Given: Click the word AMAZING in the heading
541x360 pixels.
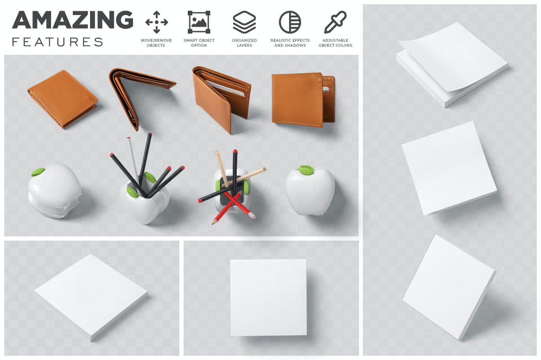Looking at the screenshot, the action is tap(73, 20).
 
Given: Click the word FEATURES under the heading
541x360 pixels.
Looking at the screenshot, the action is tap(58, 42).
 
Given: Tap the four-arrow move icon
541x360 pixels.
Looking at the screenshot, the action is tap(156, 22).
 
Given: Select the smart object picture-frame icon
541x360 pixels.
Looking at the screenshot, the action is tap(199, 22).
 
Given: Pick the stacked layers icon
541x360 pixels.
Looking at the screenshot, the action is tap(244, 22).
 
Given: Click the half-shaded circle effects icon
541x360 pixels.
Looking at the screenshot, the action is tap(290, 22).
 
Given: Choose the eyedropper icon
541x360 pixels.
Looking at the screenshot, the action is tap(335, 22).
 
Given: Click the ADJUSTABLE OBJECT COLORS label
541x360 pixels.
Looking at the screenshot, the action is tap(335, 43).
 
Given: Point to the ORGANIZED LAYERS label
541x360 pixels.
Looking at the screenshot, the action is tap(244, 43).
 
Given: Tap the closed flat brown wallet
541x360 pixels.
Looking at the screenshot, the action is tap(63, 99).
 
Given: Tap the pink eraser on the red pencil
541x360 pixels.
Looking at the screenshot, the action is tap(252, 216).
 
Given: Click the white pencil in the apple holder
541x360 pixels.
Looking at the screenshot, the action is tap(132, 157).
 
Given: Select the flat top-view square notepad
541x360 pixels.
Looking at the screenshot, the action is tap(268, 298).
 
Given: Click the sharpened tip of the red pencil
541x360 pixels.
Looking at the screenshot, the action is tap(213, 223).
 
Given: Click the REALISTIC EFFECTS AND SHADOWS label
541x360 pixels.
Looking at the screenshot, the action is tap(290, 43).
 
